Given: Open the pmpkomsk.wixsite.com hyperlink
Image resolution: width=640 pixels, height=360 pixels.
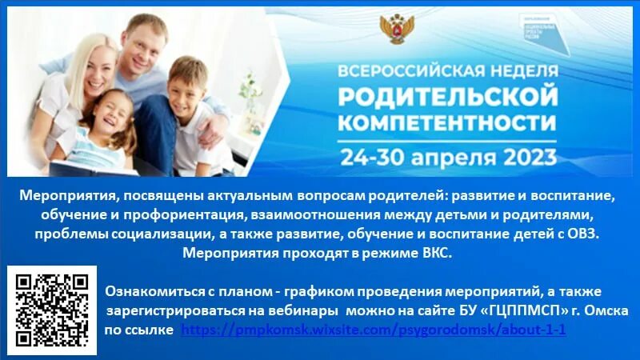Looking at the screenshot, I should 374,329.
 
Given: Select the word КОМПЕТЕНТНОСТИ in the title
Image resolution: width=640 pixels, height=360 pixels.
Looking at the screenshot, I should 446,122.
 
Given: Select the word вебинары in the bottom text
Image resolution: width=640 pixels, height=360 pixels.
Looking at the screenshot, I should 298,310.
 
